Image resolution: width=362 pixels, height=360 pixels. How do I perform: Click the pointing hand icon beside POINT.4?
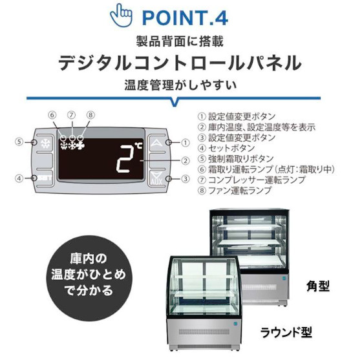point(121,15)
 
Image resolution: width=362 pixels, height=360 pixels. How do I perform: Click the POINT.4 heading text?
point(185,18)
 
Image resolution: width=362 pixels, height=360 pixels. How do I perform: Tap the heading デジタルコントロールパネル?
point(180,63)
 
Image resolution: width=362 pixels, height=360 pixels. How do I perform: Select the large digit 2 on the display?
point(126,159)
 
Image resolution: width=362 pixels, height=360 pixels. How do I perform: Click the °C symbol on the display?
point(139,146)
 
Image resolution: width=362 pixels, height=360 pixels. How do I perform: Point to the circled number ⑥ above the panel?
point(52,114)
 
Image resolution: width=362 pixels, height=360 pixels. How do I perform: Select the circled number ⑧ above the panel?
point(90,114)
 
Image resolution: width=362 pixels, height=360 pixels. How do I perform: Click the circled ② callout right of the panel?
point(186,161)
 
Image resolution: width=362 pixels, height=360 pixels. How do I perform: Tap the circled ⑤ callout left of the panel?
point(19,142)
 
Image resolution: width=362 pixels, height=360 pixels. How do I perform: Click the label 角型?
point(318,286)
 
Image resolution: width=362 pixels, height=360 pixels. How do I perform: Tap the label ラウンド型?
point(286,332)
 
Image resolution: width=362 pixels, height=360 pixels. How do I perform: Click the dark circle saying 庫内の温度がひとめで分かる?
point(89,276)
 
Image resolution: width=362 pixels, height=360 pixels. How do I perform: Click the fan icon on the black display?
point(80,145)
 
